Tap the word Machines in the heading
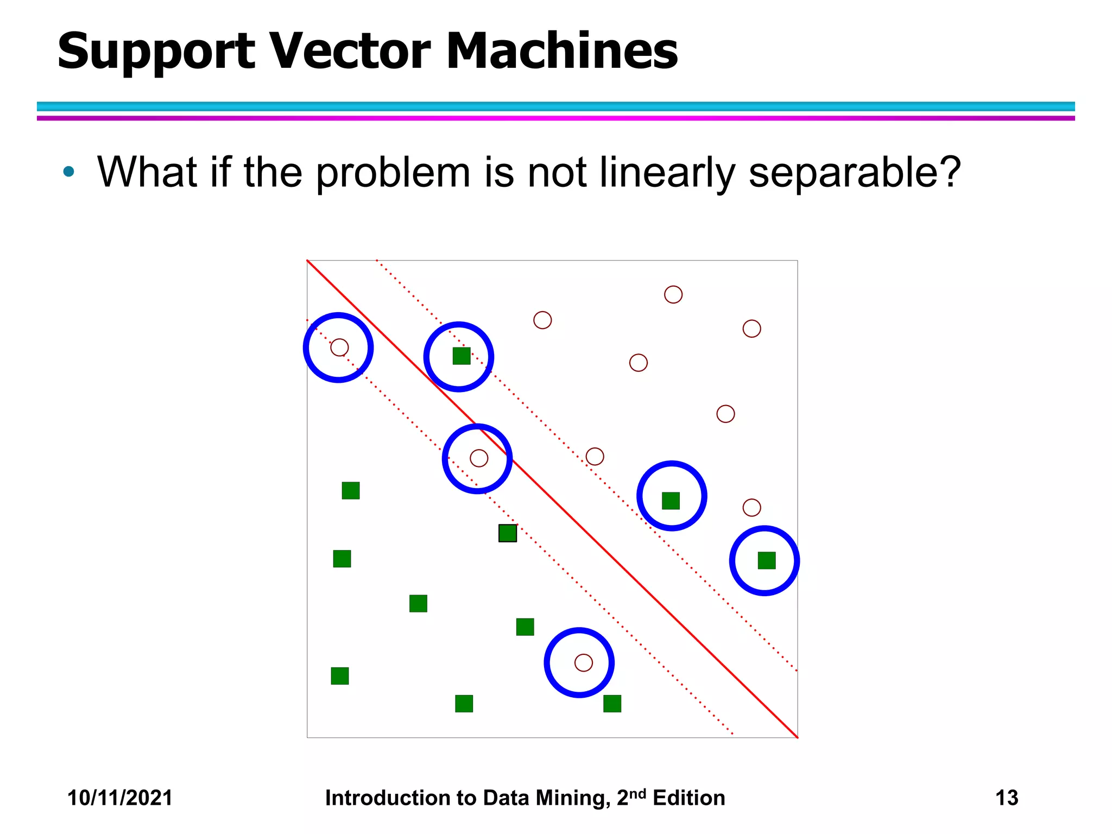point(561,51)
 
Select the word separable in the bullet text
point(855,173)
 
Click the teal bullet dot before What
point(68,172)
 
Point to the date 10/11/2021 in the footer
point(119,798)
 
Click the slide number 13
point(1006,798)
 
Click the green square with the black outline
point(508,533)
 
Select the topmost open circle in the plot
point(673,294)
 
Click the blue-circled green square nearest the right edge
point(766,560)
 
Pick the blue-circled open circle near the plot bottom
point(583,662)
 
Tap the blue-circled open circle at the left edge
point(339,347)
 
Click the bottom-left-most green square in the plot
point(340,676)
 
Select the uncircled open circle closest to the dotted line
point(595,456)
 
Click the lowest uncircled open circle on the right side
point(751,508)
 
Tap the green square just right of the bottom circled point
point(612,704)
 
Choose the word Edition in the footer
point(688,798)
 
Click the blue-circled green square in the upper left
point(462,356)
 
